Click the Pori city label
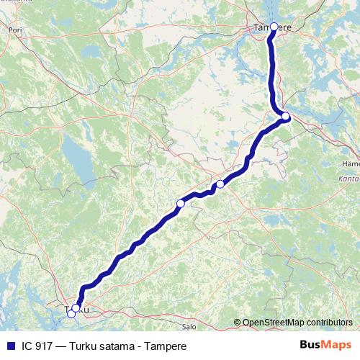[14, 31]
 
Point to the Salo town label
[189, 326]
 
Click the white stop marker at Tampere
[274, 27]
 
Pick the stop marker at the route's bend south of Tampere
[286, 117]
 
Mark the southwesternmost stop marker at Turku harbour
[71, 314]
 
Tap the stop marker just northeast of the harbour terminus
[76, 308]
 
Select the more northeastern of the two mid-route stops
[220, 184]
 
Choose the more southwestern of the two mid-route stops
[181, 204]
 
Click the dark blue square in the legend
[9, 346]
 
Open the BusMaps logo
[325, 346]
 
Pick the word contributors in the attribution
[330, 323]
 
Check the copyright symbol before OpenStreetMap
[237, 323]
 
